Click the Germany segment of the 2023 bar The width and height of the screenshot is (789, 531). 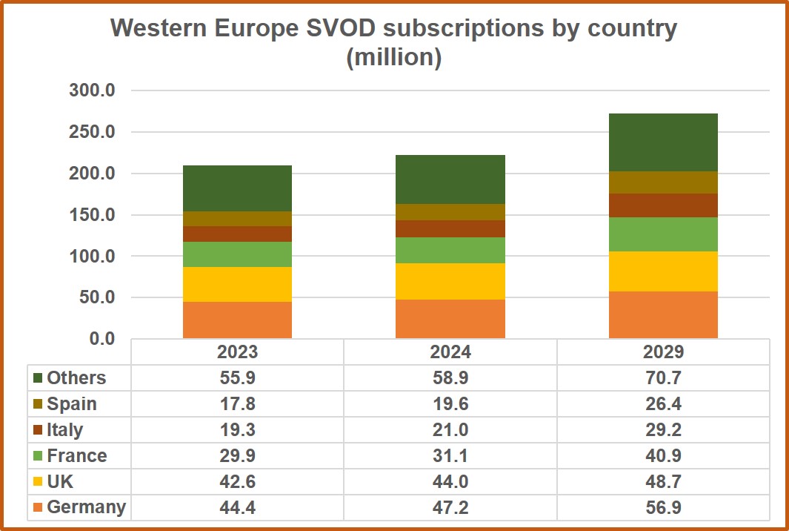coord(237,320)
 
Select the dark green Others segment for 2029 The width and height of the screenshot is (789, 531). coord(663,142)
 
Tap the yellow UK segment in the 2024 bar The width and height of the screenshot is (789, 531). coord(450,281)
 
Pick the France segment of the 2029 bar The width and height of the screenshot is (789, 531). coord(663,234)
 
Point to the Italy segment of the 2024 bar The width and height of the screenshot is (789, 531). coord(450,228)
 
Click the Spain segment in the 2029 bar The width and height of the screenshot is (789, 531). coord(663,182)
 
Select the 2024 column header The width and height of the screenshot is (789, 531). coord(450,351)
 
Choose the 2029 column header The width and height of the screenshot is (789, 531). coord(663,351)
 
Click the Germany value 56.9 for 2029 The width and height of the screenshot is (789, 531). coord(663,507)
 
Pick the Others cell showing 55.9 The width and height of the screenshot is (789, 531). coord(237,377)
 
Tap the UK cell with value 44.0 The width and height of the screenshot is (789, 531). coord(450,481)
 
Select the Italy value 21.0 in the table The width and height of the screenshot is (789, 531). coord(450,429)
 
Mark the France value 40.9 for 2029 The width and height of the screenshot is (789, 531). coord(663,455)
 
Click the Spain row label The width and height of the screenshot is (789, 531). coord(72,404)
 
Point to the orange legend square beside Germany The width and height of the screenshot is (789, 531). coord(38,508)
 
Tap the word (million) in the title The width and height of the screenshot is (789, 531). coord(394,57)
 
